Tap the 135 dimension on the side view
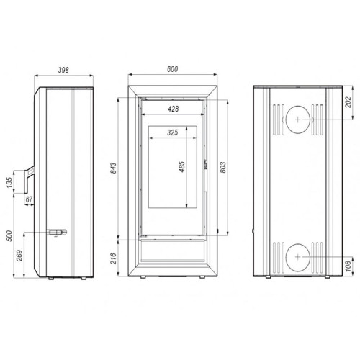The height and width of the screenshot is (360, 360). [x=10, y=182]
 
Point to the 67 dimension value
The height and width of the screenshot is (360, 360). [x=29, y=199]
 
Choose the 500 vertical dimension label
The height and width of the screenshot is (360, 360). [x=10, y=236]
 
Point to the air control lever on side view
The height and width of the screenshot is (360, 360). [x=55, y=232]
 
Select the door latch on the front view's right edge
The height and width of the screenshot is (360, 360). [x=207, y=165]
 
